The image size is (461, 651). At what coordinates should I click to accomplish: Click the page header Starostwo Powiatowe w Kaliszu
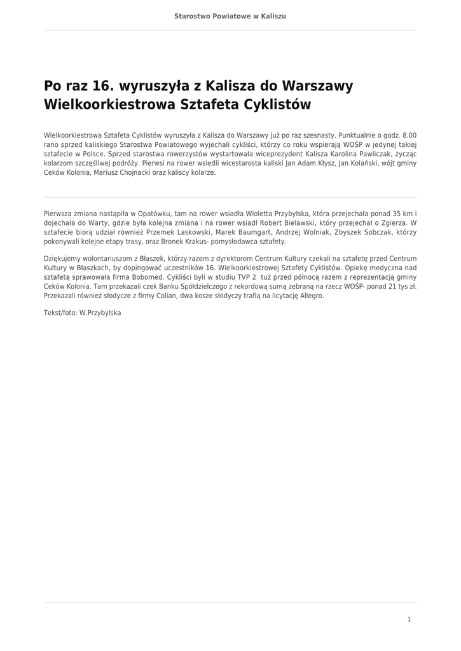pyautogui.click(x=230, y=16)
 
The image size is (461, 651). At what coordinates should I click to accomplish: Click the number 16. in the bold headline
pyautogui.click(x=107, y=86)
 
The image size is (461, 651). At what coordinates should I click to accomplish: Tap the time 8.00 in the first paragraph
pyautogui.click(x=409, y=135)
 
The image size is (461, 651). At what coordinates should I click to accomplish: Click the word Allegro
pyautogui.click(x=311, y=296)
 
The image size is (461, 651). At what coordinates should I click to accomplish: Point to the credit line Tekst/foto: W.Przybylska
pyautogui.click(x=82, y=313)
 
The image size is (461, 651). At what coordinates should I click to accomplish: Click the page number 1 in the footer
pyautogui.click(x=409, y=619)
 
